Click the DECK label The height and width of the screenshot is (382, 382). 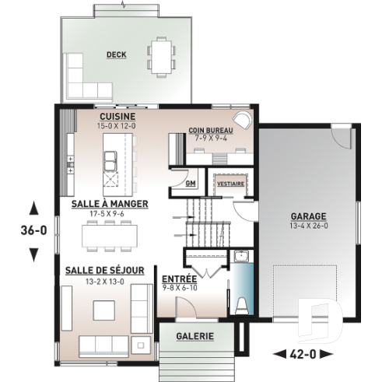(x=116, y=54)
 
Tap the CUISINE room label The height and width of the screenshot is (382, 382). (x=117, y=116)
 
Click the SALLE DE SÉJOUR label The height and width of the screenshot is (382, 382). (x=105, y=270)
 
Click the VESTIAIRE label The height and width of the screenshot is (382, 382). (x=231, y=184)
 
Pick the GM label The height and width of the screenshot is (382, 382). (x=191, y=184)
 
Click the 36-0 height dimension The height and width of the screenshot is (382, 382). (x=33, y=230)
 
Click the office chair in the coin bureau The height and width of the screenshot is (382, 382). (x=244, y=120)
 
